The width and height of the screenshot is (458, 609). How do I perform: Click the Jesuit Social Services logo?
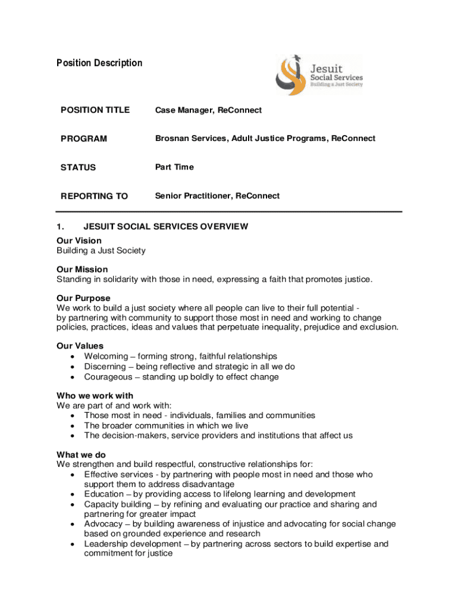[x=319, y=76]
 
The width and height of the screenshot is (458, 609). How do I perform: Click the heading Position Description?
[x=99, y=63]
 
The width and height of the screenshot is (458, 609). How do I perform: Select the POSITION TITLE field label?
[x=95, y=110]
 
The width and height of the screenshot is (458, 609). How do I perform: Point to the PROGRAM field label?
[x=84, y=139]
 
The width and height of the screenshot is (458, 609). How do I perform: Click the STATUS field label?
[x=78, y=167]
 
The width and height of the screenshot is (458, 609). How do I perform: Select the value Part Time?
[x=174, y=167]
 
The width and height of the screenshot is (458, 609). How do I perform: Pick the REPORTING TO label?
[x=94, y=196]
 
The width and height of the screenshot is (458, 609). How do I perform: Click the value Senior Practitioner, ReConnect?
[x=217, y=196]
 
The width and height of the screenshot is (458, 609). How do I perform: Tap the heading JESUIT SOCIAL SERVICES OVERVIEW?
[x=166, y=227]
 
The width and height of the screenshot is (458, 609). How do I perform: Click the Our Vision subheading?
[x=79, y=241]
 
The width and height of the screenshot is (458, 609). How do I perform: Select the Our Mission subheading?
[x=82, y=269]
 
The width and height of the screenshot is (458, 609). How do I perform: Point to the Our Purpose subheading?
[x=83, y=298]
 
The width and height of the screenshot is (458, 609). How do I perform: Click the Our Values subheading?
[x=80, y=346]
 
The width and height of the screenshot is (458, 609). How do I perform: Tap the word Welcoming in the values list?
[x=106, y=356]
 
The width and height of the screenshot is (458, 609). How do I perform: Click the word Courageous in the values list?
[x=108, y=376]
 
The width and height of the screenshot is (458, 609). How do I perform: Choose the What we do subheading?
[x=81, y=454]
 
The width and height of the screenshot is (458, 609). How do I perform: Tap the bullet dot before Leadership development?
[x=72, y=544]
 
